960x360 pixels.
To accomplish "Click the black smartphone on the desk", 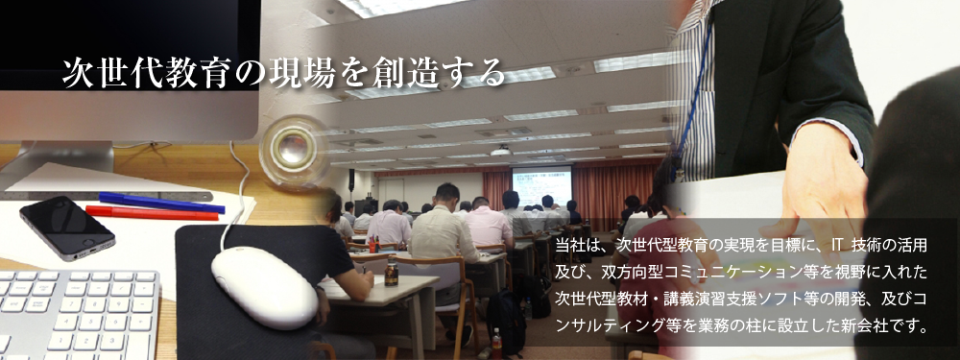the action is pos(67,228).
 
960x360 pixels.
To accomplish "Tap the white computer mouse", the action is pos(264,287).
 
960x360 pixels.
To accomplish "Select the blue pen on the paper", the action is pos(161,203).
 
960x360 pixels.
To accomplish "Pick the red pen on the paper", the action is pos(152,213).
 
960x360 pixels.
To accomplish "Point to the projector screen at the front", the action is pos(541,186).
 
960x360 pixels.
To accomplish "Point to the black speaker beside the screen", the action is pos(352,180).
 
